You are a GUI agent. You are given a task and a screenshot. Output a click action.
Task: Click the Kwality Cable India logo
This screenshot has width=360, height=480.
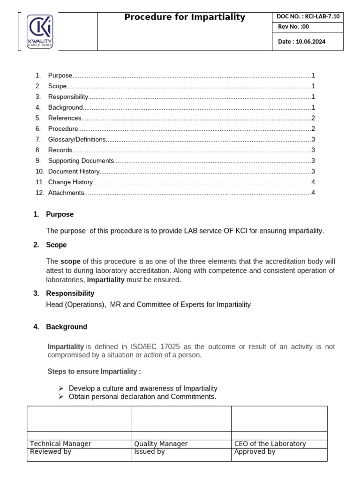pos(40,31)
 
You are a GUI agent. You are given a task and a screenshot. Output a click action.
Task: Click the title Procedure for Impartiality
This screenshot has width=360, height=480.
pos(185,17)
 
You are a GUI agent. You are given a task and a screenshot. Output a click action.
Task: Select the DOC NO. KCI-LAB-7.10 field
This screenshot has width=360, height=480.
pos(308,17)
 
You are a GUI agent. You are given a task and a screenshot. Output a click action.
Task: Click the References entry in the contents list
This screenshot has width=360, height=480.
pos(65,118)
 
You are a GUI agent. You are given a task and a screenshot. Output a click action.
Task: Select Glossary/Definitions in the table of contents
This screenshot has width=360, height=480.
pos(77,139)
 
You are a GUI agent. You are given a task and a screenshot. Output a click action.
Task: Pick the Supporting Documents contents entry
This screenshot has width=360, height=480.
pos(81,161)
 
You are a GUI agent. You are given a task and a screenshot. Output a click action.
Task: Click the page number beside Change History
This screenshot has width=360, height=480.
pos(313,182)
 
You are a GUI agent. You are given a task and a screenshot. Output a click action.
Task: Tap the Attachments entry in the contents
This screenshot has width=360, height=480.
pos(66,193)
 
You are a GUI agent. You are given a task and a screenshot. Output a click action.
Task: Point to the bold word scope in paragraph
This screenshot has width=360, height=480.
pos(70,261)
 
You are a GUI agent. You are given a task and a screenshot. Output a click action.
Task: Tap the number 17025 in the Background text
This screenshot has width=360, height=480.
pos(171,347)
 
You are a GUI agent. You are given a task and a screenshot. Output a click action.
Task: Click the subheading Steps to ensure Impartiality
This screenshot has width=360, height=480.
pos(94,372)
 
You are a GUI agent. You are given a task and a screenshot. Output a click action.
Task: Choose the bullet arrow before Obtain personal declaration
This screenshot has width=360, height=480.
pos(61,397)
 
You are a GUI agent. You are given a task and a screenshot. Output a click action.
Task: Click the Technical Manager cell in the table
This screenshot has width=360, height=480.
pos(60,444)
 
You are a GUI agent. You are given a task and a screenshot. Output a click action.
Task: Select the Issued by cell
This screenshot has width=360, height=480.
pos(150,452)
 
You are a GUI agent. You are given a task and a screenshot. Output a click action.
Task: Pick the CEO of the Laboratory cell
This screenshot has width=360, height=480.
pos(270,444)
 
